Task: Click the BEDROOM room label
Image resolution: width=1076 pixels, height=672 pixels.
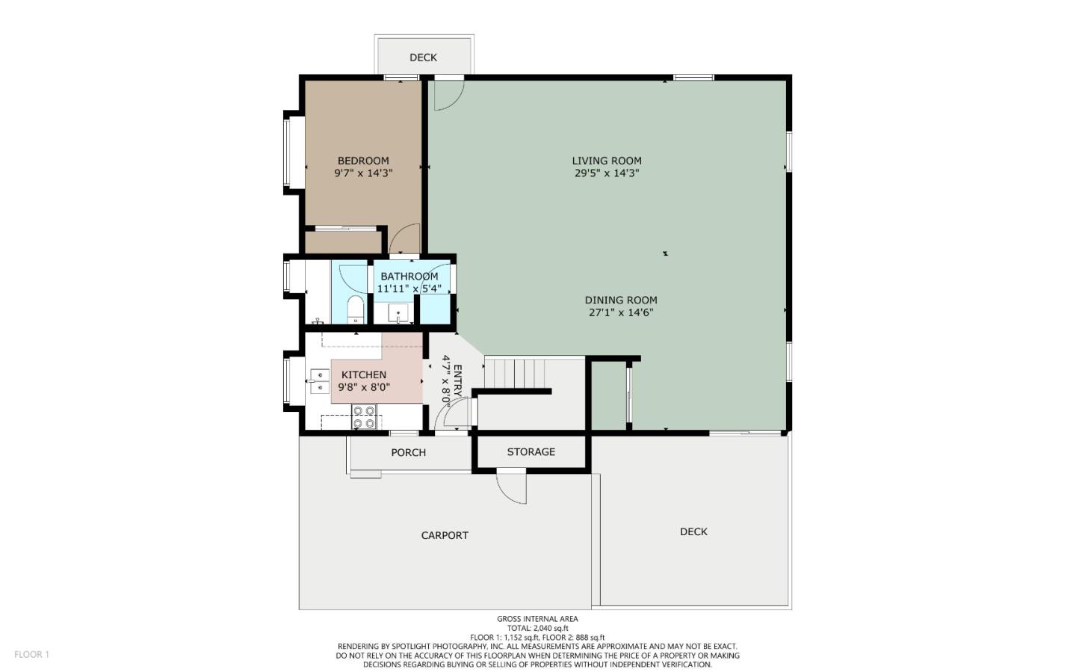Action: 363,161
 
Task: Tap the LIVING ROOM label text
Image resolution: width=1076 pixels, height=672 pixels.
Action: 606,161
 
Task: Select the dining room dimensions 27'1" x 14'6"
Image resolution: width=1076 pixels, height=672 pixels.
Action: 620,313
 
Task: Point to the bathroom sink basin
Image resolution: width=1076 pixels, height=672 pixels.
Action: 398,314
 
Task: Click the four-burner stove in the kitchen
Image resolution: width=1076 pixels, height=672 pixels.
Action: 364,417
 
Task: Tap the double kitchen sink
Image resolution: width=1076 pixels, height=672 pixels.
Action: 319,381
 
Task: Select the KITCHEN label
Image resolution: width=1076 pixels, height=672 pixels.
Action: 364,375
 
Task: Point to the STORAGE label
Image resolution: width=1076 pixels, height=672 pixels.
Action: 531,452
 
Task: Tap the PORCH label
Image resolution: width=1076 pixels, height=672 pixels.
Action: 408,453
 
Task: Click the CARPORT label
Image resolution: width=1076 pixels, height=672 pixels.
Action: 445,536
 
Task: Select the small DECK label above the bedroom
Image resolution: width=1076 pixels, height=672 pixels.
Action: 423,58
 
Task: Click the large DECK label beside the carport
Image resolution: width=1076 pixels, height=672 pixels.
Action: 693,532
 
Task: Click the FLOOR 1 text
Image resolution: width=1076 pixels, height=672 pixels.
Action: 31,655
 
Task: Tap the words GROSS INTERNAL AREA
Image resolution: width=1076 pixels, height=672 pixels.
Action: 537,619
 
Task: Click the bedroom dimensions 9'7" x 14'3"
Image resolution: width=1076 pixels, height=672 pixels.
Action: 363,173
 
